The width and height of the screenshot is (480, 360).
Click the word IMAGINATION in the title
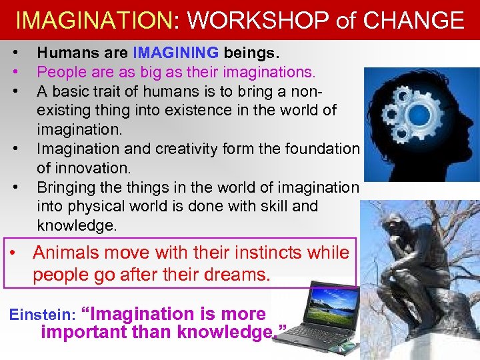click(93, 21)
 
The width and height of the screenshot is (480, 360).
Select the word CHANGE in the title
click(413, 21)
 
